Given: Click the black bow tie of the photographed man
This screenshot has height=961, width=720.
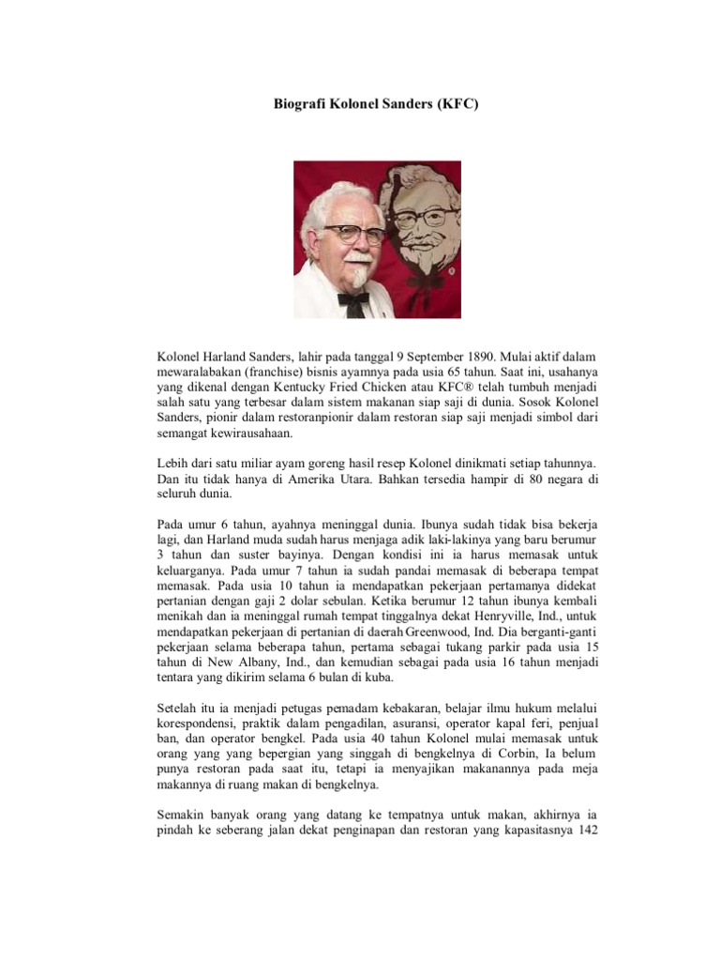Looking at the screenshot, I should [352, 299].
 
